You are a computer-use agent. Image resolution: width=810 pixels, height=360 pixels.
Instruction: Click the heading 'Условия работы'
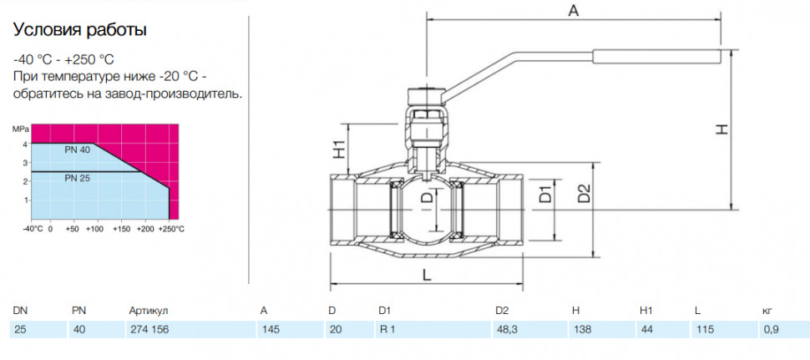[79, 29]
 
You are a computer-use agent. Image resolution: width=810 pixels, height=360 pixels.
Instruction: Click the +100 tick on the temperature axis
[98, 228]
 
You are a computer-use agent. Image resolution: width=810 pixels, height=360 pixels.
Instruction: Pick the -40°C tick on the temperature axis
[33, 228]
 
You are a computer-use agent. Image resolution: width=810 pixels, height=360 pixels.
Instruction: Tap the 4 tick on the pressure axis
[25, 145]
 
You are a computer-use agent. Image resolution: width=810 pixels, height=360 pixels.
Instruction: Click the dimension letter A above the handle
[574, 10]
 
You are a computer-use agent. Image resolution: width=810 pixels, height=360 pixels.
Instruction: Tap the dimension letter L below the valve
[426, 276]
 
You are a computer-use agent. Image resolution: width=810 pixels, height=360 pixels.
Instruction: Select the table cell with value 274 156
[190, 330]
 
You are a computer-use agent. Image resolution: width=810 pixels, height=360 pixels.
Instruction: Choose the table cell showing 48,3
[529, 330]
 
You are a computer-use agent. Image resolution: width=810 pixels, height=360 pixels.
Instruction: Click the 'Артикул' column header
[149, 311]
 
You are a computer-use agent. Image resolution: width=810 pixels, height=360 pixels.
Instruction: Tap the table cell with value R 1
[433, 330]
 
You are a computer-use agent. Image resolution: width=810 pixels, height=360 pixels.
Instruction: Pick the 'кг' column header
[767, 311]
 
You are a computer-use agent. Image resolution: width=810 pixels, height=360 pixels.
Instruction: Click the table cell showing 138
[602, 330]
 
